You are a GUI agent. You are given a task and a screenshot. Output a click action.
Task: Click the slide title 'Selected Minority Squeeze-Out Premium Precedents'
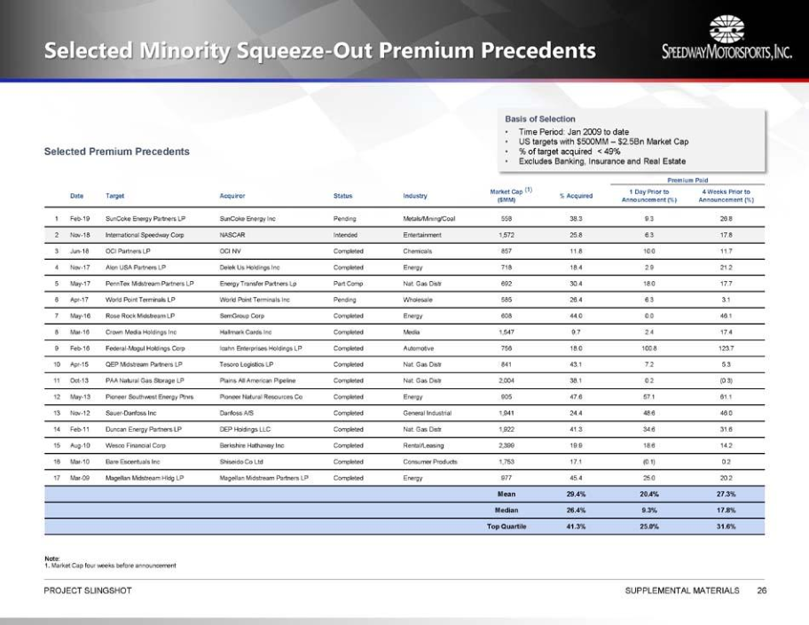tap(319, 51)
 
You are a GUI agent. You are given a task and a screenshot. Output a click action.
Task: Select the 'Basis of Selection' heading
tap(540, 119)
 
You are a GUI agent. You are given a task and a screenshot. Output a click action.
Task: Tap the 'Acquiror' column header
tap(232, 195)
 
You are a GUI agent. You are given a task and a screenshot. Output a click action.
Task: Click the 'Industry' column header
tap(414, 195)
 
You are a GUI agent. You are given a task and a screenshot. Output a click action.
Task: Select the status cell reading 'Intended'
tap(345, 235)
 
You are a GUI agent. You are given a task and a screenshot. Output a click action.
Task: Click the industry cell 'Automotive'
tap(420, 348)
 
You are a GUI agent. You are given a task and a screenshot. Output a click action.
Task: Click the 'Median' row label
tap(506, 510)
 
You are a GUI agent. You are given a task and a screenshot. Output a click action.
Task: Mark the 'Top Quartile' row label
tap(501, 526)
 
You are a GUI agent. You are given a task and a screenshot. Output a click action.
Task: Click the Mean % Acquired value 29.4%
tap(576, 494)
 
